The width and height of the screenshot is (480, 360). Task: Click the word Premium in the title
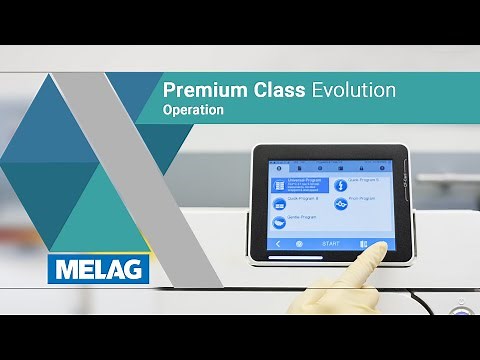pyautogui.click(x=196, y=90)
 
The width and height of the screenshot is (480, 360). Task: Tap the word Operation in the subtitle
pyautogui.click(x=193, y=110)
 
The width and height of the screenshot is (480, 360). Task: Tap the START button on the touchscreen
pyautogui.click(x=331, y=244)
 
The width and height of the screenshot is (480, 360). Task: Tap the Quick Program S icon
pyautogui.click(x=340, y=185)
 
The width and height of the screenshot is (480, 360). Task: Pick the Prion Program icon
pyautogui.click(x=341, y=203)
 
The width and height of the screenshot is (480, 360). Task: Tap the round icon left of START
pyautogui.click(x=300, y=244)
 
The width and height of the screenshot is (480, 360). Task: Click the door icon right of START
pyautogui.click(x=363, y=244)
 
